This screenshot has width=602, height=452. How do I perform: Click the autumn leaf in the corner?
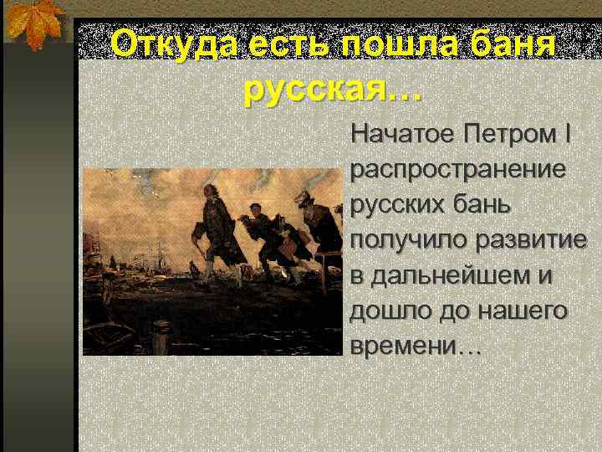pyautogui.click(x=34, y=23)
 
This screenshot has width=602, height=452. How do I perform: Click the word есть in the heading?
pyautogui.click(x=289, y=44)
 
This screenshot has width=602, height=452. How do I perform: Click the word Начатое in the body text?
pyautogui.click(x=399, y=133)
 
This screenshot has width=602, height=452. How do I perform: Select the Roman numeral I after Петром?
pyautogui.click(x=569, y=133)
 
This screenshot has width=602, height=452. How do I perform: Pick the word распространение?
pyautogui.click(x=457, y=169)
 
